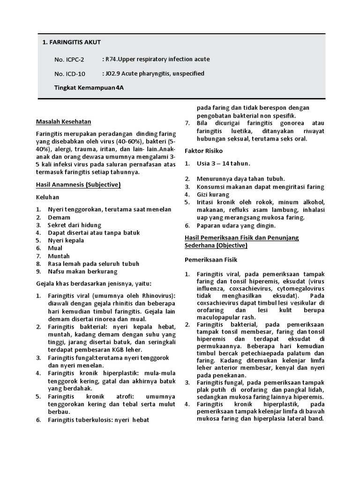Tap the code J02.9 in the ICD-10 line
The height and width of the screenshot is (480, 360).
pyautogui.click(x=113, y=74)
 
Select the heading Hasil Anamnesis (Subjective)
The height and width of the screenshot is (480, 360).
pyautogui.click(x=79, y=185)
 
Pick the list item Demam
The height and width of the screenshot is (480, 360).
pyautogui.click(x=59, y=217)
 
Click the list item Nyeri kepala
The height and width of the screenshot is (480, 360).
pyautogui.click(x=66, y=240)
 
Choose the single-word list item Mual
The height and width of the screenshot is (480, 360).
pyautogui.click(x=55, y=248)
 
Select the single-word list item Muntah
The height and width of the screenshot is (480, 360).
pyautogui.click(x=59, y=256)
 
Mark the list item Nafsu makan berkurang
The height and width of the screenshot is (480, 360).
pyautogui.click(x=82, y=271)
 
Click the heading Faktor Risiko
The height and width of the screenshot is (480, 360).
pyautogui.click(x=203, y=151)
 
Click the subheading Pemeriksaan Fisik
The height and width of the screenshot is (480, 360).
pyautogui.click(x=211, y=259)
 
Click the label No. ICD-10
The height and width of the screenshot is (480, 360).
pyautogui.click(x=70, y=74)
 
